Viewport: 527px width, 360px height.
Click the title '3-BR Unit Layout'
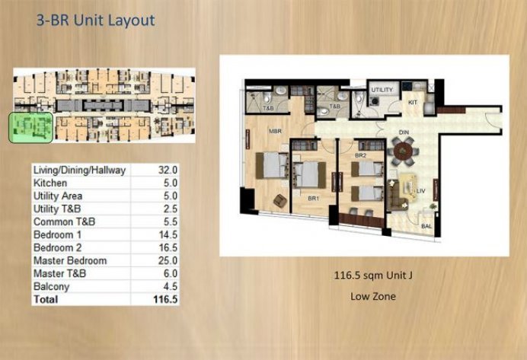[x=95, y=20]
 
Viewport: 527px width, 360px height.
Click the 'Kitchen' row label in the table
[x=51, y=183]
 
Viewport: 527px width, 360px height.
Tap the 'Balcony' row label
[x=52, y=287]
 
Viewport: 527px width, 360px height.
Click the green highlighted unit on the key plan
[x=30, y=128]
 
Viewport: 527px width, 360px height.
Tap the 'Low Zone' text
[x=372, y=295]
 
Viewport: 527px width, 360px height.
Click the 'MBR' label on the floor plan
[x=275, y=131]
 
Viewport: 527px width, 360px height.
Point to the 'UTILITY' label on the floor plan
[x=382, y=90]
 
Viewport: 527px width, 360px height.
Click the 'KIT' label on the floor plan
[x=414, y=102]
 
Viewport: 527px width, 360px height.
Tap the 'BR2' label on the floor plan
[x=362, y=156]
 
